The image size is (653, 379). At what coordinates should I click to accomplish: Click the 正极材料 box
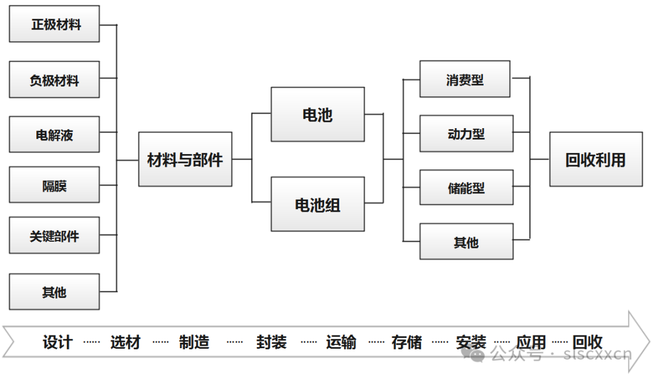(x=54, y=25)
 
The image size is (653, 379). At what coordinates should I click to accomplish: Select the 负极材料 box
(x=54, y=80)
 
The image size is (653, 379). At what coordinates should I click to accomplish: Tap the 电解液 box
(x=54, y=134)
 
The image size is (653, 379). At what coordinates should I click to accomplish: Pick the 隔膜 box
(x=54, y=185)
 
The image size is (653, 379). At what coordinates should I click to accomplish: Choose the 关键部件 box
(x=54, y=236)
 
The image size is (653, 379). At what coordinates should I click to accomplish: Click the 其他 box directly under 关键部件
(x=54, y=292)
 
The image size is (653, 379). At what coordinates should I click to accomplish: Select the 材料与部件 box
(x=185, y=160)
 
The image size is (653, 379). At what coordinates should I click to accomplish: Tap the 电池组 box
(x=317, y=204)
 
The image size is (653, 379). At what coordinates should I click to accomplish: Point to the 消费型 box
(x=465, y=79)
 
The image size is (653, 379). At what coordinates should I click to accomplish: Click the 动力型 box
(x=466, y=134)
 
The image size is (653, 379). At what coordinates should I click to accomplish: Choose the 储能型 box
(x=466, y=188)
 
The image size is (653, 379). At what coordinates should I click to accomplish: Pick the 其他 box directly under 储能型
(x=466, y=242)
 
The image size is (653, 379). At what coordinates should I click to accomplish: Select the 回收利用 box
(x=596, y=160)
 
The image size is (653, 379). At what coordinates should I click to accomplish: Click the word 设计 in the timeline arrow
(x=57, y=342)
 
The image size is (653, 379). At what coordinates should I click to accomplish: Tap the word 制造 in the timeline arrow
(x=194, y=342)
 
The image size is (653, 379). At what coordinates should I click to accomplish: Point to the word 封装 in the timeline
(x=271, y=342)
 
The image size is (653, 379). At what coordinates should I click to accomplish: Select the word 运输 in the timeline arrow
(x=341, y=342)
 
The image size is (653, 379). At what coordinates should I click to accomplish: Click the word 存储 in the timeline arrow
(x=406, y=342)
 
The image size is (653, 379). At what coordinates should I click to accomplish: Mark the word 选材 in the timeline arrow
(x=125, y=342)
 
